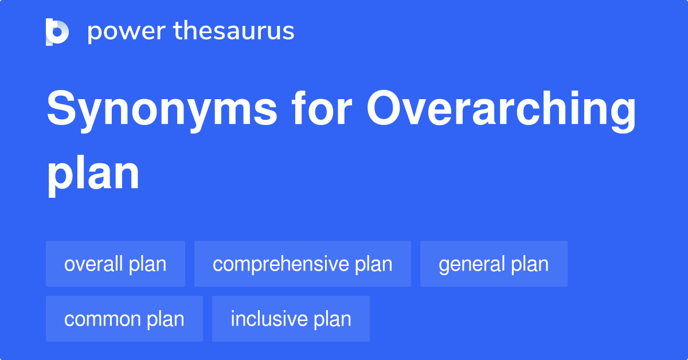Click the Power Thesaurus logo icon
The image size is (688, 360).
(57, 32)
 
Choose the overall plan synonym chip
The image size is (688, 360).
(115, 264)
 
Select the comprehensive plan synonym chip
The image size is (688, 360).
(302, 264)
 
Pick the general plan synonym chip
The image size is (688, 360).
(494, 264)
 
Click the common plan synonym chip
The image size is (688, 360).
(124, 319)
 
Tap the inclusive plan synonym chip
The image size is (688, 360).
(291, 319)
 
